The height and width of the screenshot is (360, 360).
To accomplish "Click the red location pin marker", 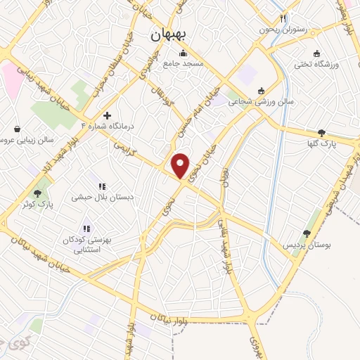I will pos(181,165).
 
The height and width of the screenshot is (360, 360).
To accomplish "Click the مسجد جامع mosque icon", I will pos(184,53).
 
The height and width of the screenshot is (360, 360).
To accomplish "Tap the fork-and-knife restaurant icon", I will pos(283,19).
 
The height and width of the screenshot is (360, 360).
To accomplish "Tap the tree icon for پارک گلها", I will pos(322,133).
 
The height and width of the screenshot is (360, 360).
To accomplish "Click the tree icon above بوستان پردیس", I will pos(307,233).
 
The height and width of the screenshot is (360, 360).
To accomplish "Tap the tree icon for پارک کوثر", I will pos(37,193).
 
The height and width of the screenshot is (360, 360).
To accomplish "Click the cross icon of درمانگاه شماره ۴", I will pos(107,116).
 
